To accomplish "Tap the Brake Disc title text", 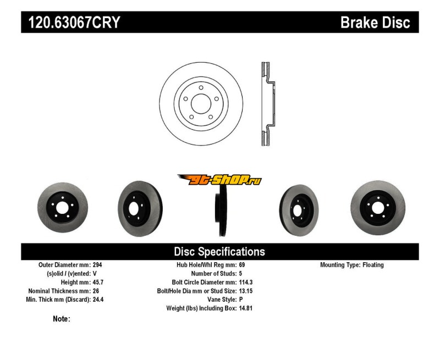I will tap(375, 23).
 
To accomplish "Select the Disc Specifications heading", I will tap(219, 252).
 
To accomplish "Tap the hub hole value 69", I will tap(242, 265).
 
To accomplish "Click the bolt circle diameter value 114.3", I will tap(246, 282).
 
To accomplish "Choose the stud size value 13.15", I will tap(246, 291).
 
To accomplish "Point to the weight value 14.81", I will tap(246, 308).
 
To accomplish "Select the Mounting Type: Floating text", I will tap(352, 265).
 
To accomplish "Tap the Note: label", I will tap(62, 319).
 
